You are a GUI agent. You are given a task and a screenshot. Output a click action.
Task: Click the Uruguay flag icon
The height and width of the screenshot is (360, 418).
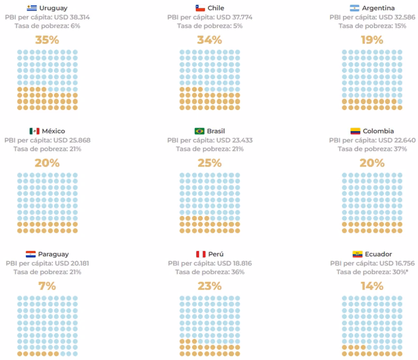(x=32, y=8)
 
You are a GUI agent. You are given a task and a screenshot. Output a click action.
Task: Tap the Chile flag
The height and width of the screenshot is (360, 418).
(x=200, y=8)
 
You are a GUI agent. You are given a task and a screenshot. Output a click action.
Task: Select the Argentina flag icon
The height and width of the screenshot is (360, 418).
(x=355, y=8)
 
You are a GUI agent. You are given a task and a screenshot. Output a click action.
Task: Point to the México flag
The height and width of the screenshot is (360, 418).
(x=34, y=131)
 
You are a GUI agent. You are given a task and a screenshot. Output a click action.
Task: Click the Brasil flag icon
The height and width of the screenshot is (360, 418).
(x=199, y=131)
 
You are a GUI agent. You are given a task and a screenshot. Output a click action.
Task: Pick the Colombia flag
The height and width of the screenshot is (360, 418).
(x=356, y=131)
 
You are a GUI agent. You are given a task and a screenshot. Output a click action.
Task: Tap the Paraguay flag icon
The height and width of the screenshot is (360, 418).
(x=31, y=254)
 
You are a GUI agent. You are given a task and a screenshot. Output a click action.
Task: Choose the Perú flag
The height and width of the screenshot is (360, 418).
(x=201, y=254)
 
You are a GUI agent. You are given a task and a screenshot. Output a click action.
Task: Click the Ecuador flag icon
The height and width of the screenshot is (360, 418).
(x=357, y=254)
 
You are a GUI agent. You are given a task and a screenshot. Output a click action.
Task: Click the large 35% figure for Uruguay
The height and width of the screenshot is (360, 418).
(x=47, y=40)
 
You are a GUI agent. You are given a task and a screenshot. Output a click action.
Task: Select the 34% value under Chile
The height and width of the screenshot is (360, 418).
(x=210, y=40)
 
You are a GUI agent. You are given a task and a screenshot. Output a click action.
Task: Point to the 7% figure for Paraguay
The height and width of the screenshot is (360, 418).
(x=47, y=286)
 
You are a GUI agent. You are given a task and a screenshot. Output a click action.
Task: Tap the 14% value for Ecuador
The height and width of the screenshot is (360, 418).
(x=372, y=286)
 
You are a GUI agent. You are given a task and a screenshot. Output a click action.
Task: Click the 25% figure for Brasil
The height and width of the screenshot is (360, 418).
(x=210, y=163)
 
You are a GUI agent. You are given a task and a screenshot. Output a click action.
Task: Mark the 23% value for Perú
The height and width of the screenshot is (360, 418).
(x=210, y=286)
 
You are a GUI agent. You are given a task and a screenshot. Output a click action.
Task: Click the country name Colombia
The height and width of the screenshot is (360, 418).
(x=378, y=131)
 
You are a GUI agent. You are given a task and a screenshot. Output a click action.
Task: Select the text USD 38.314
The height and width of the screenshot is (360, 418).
(x=72, y=17)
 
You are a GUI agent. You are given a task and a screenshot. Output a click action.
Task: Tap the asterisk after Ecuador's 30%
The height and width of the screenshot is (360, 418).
(x=407, y=271)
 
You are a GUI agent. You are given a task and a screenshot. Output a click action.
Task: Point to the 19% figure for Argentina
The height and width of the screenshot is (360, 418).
(x=372, y=40)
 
